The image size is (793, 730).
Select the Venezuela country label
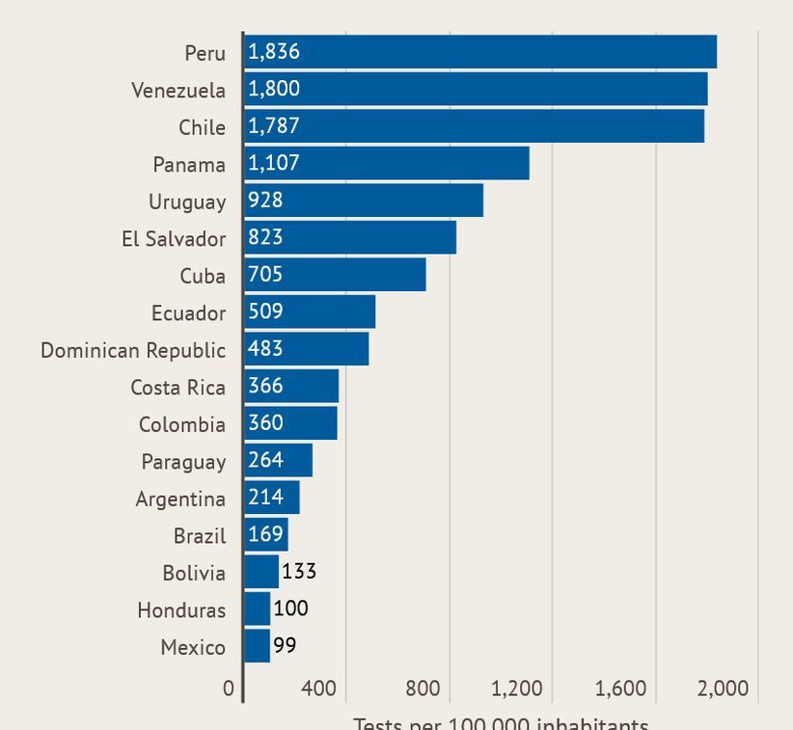pyautogui.click(x=178, y=90)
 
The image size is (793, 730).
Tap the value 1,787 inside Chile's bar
pyautogui.click(x=274, y=126)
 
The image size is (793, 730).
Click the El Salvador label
pyautogui.click(x=174, y=238)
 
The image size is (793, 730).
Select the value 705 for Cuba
pyautogui.click(x=265, y=275)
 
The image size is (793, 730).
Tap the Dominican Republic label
pyautogui.click(x=133, y=349)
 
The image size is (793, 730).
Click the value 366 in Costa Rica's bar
pyautogui.click(x=265, y=386)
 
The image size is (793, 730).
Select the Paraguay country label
pyautogui.click(x=183, y=461)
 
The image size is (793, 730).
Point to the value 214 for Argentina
pyautogui.click(x=265, y=498)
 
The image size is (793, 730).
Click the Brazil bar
pyautogui.click(x=265, y=534)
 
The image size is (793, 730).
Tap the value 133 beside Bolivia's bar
pyautogui.click(x=299, y=572)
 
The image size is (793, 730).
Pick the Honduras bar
pyautogui.click(x=257, y=609)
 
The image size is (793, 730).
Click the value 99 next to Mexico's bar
pyautogui.click(x=285, y=646)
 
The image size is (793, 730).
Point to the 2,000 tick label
pyautogui.click(x=723, y=689)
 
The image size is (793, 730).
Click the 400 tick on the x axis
pyautogui.click(x=318, y=689)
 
